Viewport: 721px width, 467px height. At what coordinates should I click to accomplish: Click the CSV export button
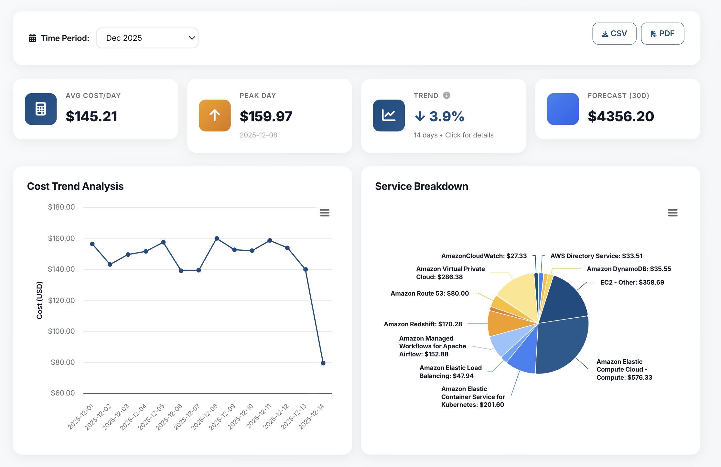pos(614,34)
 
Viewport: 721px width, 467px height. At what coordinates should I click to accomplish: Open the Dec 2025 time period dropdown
pos(147,38)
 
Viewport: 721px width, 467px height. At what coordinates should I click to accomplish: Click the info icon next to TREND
pos(447,95)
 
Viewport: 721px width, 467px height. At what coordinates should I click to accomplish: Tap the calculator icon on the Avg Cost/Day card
pos(41,109)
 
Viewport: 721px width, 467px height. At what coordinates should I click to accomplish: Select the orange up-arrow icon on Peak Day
pos(215,115)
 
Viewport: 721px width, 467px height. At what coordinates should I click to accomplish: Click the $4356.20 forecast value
pos(621,116)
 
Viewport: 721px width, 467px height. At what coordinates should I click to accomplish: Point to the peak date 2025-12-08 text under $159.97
pos(258,135)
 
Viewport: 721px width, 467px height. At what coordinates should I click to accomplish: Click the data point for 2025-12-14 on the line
pos(323,363)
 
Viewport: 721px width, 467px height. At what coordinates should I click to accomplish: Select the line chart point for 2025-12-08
pos(217,238)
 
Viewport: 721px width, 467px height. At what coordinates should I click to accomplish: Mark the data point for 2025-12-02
pos(110,265)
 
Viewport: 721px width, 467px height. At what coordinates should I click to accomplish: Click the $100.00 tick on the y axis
pos(61,331)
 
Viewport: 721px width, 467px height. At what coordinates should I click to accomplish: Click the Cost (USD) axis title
pos(39,300)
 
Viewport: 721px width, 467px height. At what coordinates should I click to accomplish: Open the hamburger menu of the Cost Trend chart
pos(324,213)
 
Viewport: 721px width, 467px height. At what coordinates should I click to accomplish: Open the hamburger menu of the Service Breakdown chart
pos(673,213)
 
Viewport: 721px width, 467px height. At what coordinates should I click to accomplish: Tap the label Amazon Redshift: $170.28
pos(423,324)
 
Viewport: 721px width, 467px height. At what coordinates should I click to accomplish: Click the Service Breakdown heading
pos(421,186)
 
